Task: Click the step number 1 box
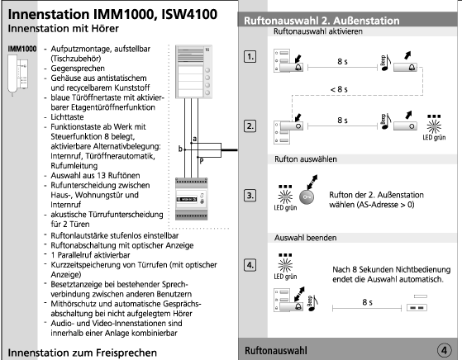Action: (x=250, y=56)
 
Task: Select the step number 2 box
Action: (x=250, y=126)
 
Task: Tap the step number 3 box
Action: (x=250, y=196)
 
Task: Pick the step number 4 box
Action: (x=250, y=265)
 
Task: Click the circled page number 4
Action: (x=444, y=350)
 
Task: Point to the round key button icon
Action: (x=307, y=197)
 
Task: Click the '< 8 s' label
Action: (x=339, y=89)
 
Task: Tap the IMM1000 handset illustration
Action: (x=17, y=75)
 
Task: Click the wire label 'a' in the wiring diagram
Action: (x=194, y=139)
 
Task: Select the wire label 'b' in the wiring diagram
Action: (x=180, y=149)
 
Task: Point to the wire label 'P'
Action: (x=201, y=161)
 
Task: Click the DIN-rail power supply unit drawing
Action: (x=192, y=199)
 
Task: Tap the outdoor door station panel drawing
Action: (x=193, y=72)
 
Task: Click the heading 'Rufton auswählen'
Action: (x=306, y=159)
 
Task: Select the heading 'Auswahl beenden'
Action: (x=305, y=238)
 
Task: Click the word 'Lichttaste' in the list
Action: (x=67, y=117)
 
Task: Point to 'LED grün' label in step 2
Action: (x=434, y=137)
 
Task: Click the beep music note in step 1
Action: (x=385, y=64)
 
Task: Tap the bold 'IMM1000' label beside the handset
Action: (x=22, y=49)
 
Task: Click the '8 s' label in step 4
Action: (x=367, y=302)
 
